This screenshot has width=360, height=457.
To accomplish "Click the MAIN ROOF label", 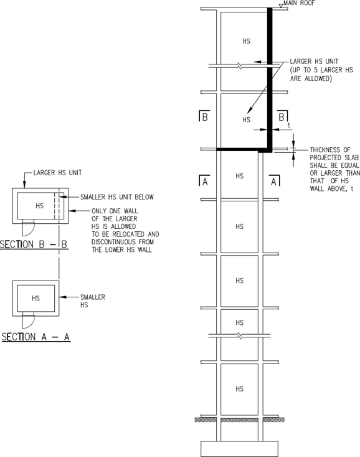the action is pos(299,3).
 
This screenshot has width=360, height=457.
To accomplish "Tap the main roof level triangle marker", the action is pos(280,6).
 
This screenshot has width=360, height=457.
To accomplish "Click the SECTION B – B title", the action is pos(34,244).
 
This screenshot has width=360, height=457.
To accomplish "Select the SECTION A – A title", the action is pos(36,337).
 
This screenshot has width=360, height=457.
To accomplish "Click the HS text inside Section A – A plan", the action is pos(36,298).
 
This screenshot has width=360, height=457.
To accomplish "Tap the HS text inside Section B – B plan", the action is pos(40,206).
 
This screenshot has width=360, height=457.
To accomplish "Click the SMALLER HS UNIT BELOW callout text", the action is pos(117,197).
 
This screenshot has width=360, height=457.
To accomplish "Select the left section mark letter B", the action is pos(205,117).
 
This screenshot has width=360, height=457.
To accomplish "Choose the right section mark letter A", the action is pos(273,182).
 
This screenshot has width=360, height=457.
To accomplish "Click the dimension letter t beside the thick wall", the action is pos(288,125).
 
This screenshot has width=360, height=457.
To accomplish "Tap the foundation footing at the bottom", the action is pos(239,449).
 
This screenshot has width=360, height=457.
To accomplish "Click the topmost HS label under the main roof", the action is pos(247,41).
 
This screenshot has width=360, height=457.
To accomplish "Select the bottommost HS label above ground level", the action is pos(239,389).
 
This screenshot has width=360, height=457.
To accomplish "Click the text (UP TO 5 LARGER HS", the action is pos(321,70).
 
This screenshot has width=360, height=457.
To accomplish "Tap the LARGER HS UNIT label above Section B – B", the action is pos(57,173).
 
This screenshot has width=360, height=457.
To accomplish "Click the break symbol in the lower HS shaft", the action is pos(239,336).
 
